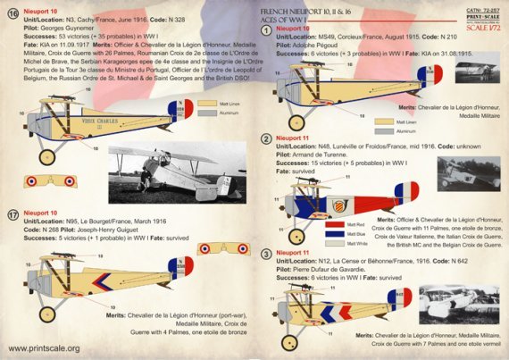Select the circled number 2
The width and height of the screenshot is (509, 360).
[266, 140]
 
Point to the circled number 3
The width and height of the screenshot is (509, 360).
[266, 255]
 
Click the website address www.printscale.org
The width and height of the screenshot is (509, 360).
[45, 348]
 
